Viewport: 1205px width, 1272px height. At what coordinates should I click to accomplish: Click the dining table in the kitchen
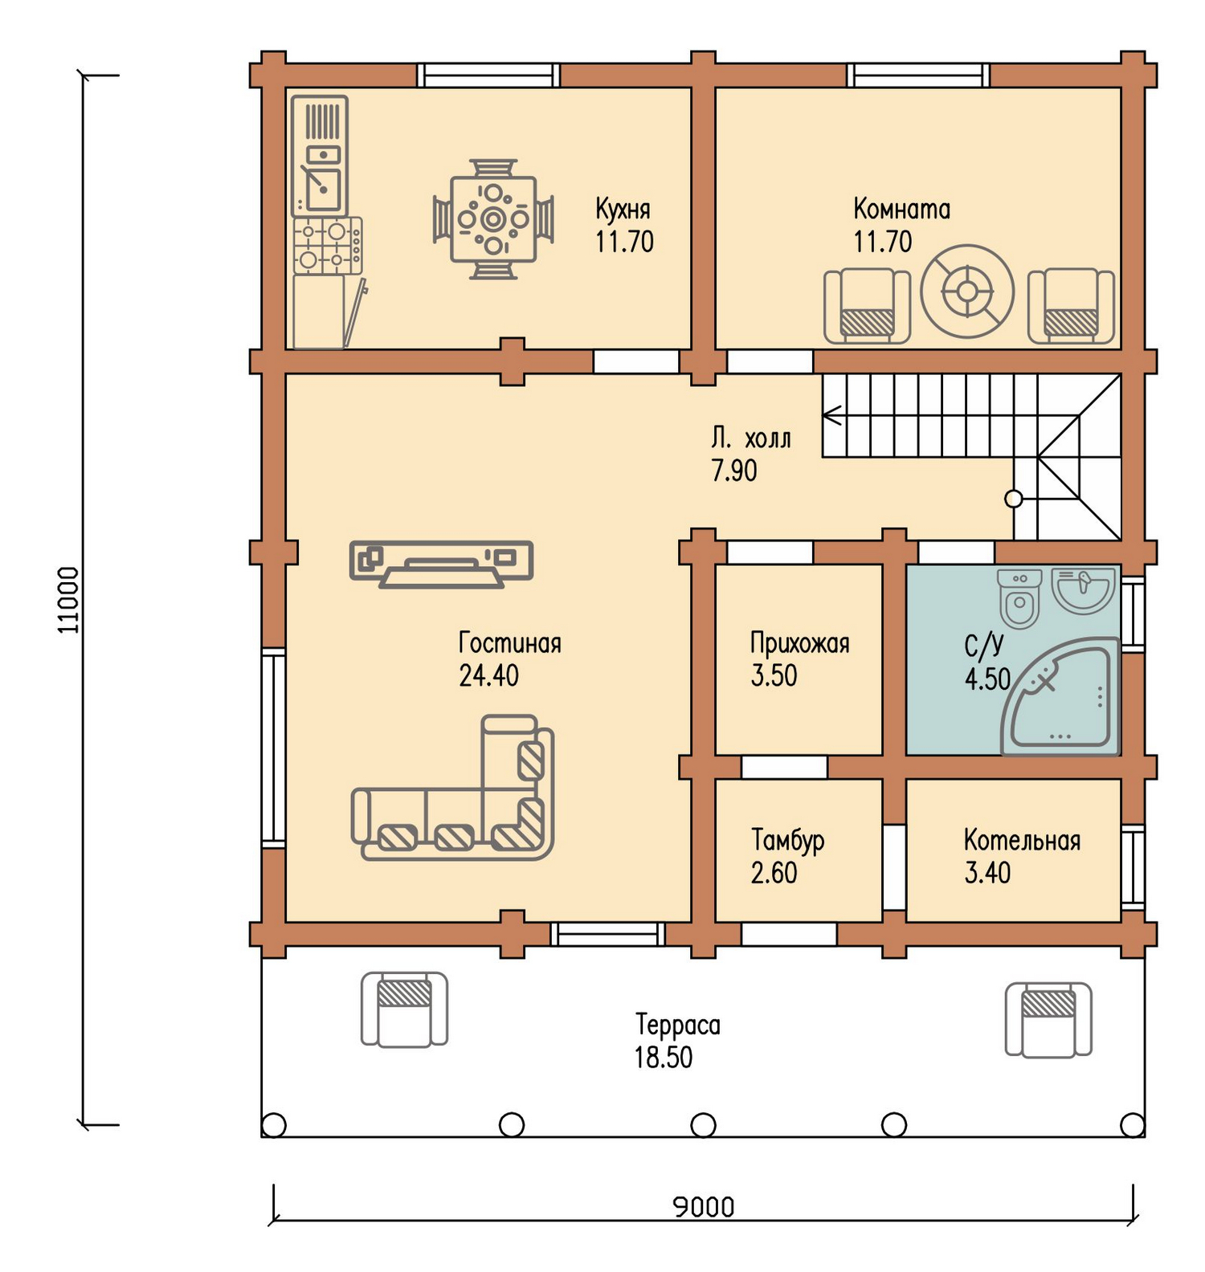tap(493, 219)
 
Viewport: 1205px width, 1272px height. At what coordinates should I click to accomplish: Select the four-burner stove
tap(328, 246)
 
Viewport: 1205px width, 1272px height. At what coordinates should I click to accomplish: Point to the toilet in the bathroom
tap(1019, 597)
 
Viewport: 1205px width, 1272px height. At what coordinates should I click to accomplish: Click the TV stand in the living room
tap(442, 564)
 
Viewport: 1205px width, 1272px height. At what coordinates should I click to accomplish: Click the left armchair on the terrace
tap(404, 1009)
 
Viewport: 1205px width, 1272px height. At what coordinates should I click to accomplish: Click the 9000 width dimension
tap(704, 1207)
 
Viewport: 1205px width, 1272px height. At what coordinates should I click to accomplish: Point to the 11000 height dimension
tap(68, 600)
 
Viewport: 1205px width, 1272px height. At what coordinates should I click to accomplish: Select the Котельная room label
tap(1022, 840)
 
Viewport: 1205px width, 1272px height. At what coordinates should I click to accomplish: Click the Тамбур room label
tap(787, 840)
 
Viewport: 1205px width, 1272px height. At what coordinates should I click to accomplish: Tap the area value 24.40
tap(488, 676)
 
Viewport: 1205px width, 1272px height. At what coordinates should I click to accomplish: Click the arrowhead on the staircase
tap(832, 415)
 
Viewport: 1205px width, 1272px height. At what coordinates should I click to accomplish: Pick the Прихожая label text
tap(799, 643)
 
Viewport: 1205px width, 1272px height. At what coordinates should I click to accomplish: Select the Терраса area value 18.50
tap(663, 1058)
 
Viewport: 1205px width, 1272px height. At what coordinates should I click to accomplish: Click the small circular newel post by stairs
tap(1014, 499)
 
